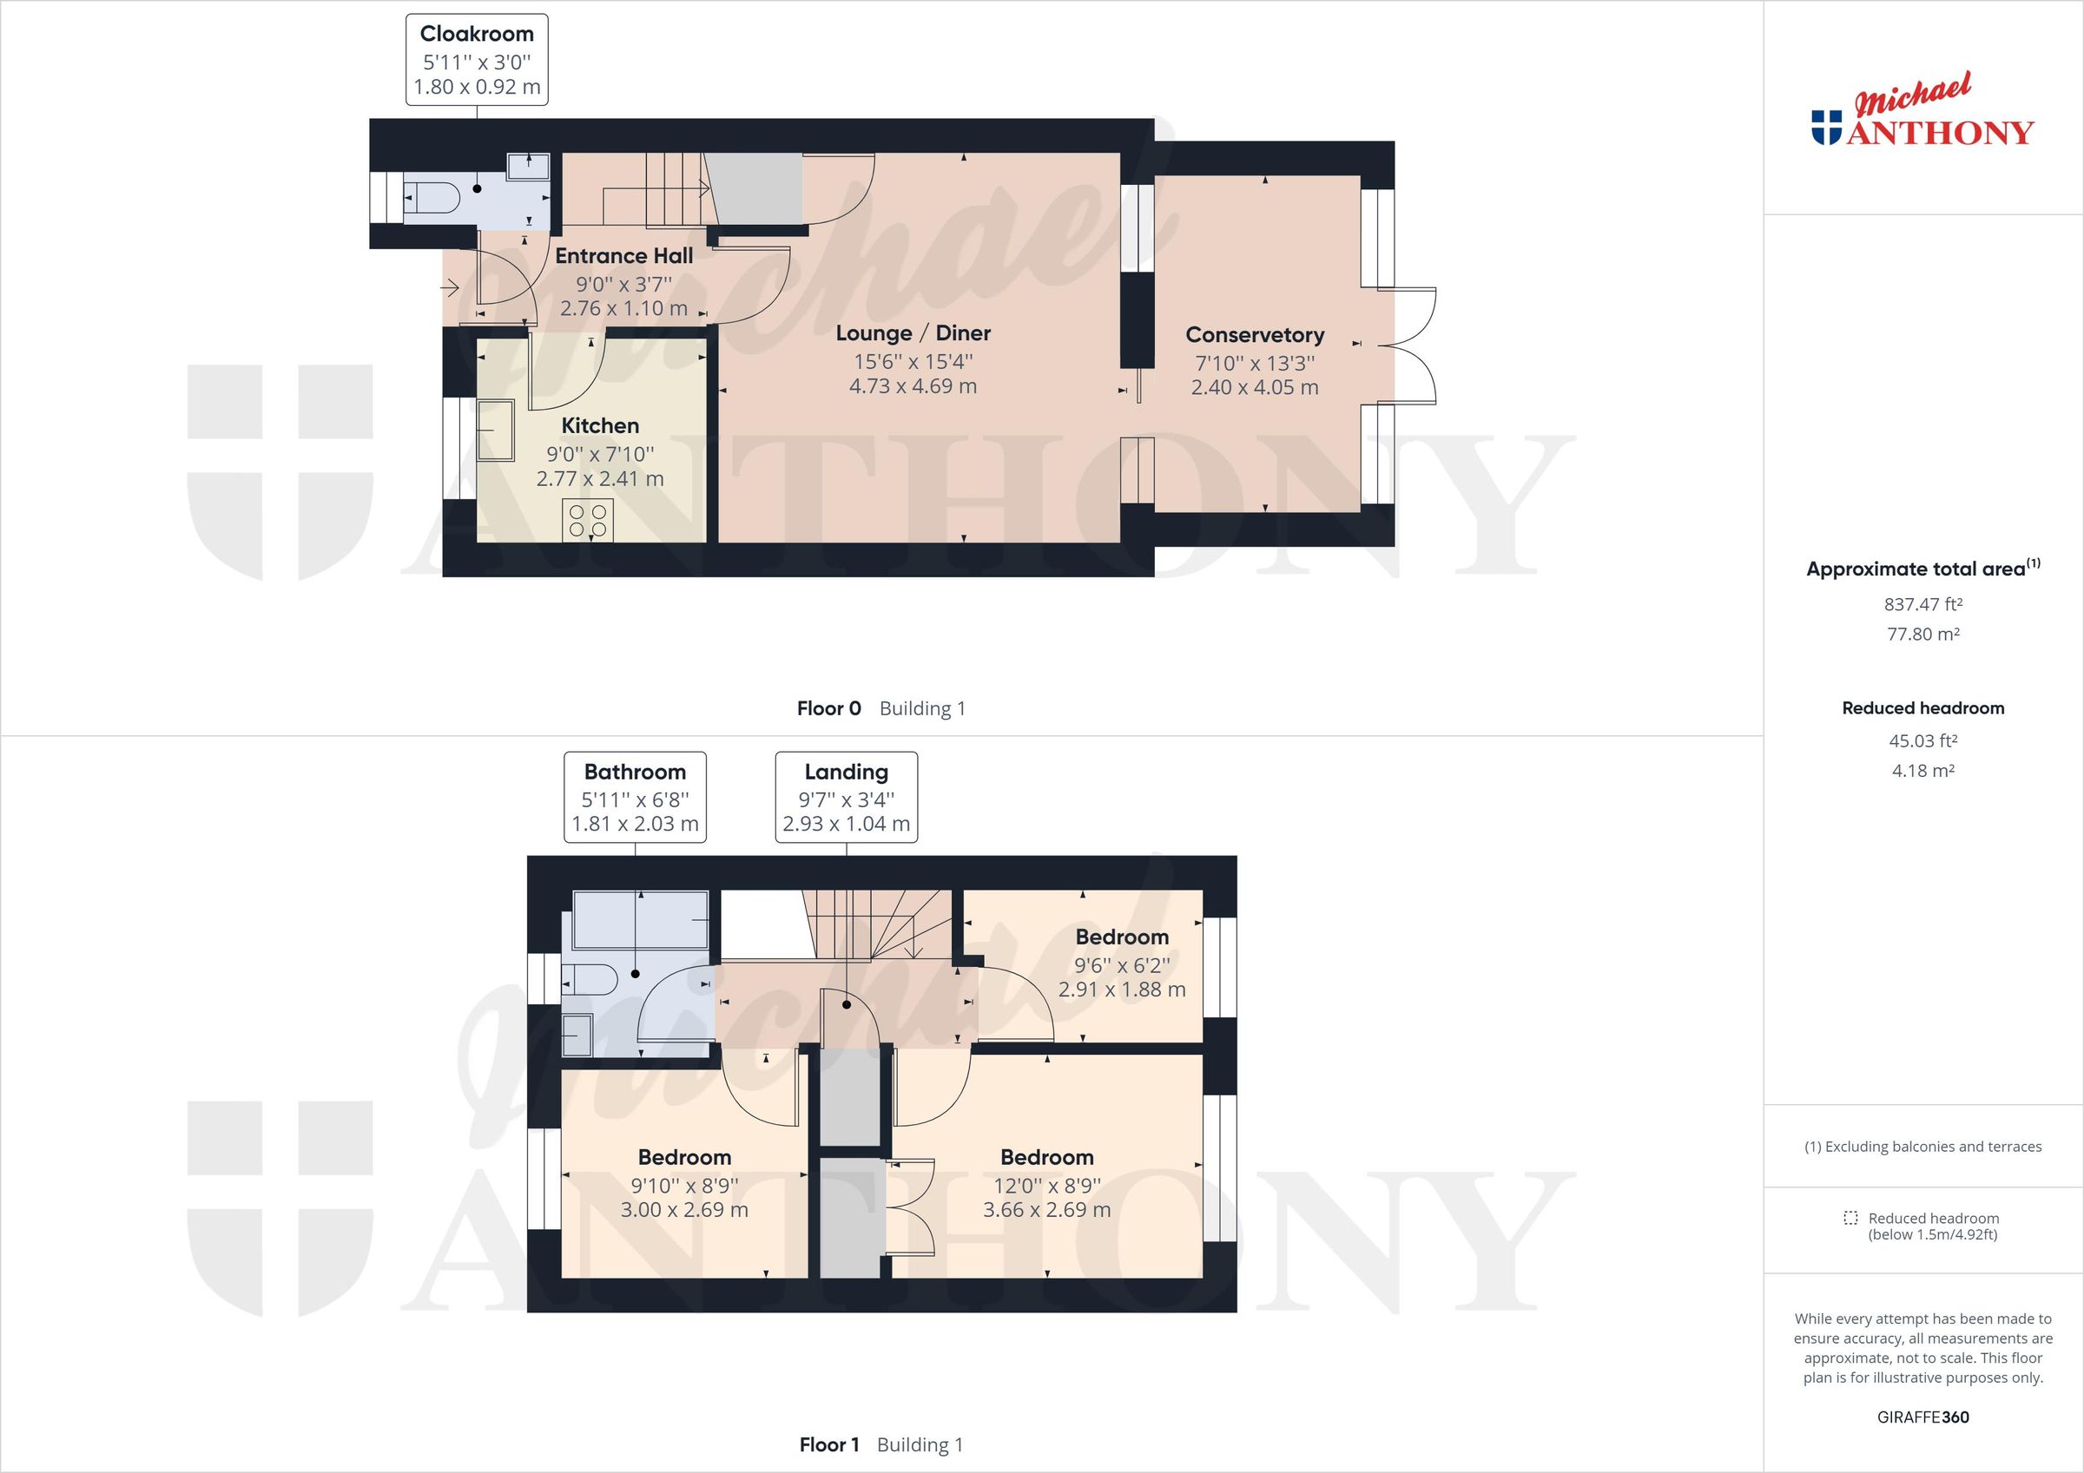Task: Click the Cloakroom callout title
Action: [x=477, y=35]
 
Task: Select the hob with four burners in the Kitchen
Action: [x=587, y=521]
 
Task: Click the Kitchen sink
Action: [x=496, y=431]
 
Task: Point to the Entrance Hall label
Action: [x=623, y=256]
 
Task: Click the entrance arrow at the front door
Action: [x=449, y=290]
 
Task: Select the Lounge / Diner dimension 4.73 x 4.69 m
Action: [x=913, y=386]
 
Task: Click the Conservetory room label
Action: [x=1255, y=335]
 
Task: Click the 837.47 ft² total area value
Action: [x=1922, y=604]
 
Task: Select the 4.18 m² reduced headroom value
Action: [x=1922, y=771]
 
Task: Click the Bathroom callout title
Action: [x=635, y=773]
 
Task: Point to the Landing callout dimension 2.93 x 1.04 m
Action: [x=846, y=824]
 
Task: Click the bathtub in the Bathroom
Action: [x=640, y=920]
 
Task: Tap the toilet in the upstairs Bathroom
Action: [x=592, y=980]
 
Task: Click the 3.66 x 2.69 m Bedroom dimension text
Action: [x=1046, y=1210]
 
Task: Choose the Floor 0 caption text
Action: [x=828, y=709]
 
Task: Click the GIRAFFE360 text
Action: [x=1922, y=1417]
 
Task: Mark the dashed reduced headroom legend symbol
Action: [x=1850, y=1218]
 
